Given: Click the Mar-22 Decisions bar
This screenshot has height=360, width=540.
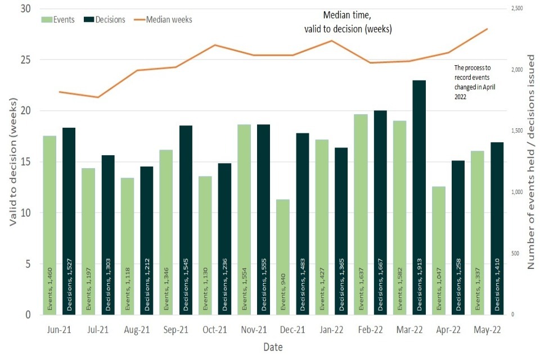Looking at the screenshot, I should (419, 197).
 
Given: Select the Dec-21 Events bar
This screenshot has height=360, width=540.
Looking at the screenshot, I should (283, 256).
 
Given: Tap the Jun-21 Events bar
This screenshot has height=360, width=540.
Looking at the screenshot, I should (49, 225).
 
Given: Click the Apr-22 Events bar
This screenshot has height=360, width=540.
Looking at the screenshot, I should (439, 250).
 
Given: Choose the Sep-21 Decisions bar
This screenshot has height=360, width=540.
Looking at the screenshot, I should (186, 219).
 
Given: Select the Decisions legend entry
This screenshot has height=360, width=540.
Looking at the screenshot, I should (105, 20).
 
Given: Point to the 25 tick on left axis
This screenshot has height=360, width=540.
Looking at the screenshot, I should (27, 60).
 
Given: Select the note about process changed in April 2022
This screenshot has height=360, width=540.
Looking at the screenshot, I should (473, 82).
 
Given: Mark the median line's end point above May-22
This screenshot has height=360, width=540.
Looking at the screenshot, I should (487, 28).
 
